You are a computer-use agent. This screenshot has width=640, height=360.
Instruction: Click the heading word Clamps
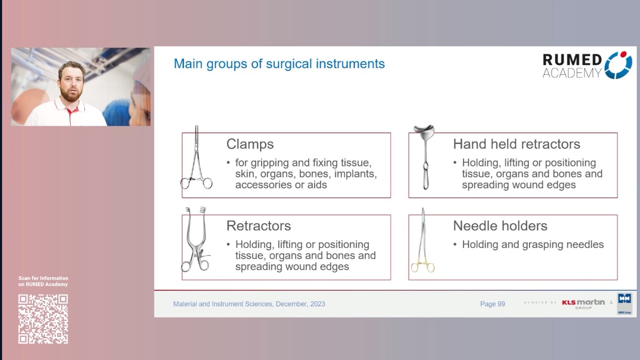coord(250,144)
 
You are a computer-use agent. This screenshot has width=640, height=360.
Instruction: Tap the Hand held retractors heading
coord(516,144)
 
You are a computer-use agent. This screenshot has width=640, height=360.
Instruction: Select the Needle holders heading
coord(500,226)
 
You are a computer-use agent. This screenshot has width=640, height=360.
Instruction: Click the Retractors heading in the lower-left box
coord(258,226)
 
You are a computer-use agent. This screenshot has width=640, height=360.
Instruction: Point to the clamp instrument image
coord(197,160)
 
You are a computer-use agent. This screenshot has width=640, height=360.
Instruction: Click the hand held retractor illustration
coord(424,157)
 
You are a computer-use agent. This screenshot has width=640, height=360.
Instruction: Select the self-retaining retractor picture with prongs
coord(195,240)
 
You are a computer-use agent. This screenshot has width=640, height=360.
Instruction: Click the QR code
coord(43,319)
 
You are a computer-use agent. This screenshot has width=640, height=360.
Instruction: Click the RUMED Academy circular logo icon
coord(619,65)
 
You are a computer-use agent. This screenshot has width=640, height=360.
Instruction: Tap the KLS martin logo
coord(583,303)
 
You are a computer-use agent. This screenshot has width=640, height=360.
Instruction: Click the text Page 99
coord(492,304)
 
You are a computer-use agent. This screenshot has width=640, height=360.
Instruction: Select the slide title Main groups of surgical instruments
coord(279,64)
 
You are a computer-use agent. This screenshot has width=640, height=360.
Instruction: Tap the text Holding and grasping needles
coord(533,245)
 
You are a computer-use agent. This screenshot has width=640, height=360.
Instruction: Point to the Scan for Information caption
coord(43,281)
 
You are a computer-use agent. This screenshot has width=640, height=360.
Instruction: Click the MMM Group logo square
coord(624,303)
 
